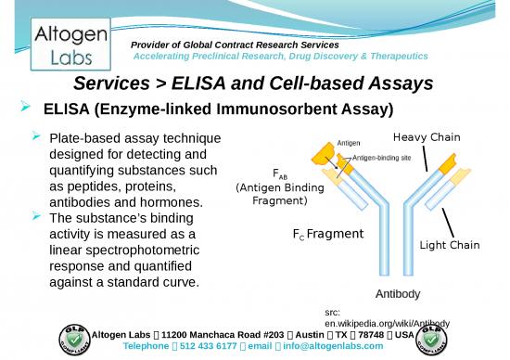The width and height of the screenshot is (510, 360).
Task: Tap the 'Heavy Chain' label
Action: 427,137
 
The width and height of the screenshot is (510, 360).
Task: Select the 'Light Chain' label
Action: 450,245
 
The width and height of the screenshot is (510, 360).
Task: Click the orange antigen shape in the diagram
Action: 324,148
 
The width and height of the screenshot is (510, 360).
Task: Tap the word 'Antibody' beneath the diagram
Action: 398,294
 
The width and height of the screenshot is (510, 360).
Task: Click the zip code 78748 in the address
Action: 376,334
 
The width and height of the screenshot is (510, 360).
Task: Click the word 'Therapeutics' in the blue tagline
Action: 389,56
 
